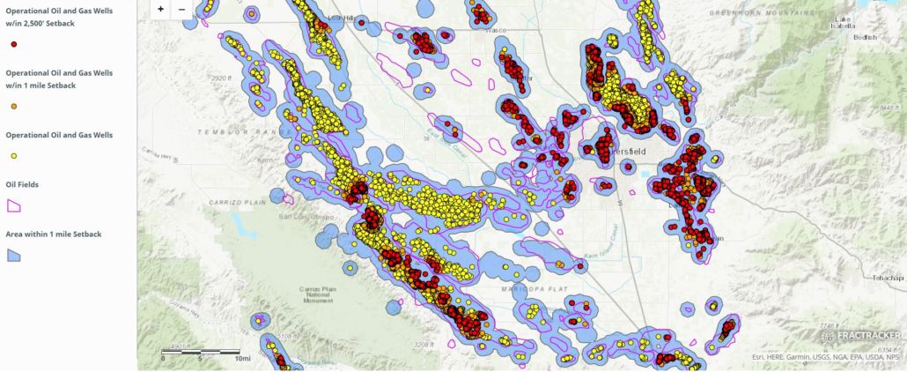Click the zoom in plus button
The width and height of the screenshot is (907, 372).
(160, 9)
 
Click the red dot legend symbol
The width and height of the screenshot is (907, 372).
(13, 43)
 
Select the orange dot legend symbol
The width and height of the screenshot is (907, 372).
(13, 106)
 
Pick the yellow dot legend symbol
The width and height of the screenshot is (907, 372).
(13, 156)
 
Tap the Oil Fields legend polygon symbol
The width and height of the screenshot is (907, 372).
(14, 205)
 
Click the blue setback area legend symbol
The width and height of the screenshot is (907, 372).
(14, 254)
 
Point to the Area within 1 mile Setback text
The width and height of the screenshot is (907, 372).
(53, 234)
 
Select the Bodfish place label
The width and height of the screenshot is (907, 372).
(865, 37)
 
